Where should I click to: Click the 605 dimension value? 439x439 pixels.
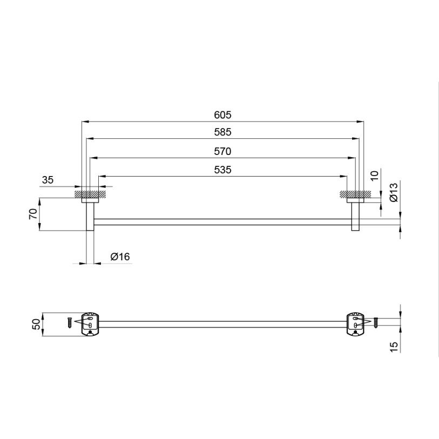222,115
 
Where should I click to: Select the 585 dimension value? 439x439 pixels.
222,132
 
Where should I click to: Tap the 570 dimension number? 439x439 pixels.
222,152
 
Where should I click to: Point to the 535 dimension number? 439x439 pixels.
222,170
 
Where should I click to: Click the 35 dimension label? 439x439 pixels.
48,180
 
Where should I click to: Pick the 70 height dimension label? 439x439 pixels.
33,214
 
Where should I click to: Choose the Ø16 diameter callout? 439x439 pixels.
120,256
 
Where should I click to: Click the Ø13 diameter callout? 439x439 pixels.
393,192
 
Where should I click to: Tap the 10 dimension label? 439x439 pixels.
374,175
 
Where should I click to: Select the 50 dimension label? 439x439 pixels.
36,325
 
